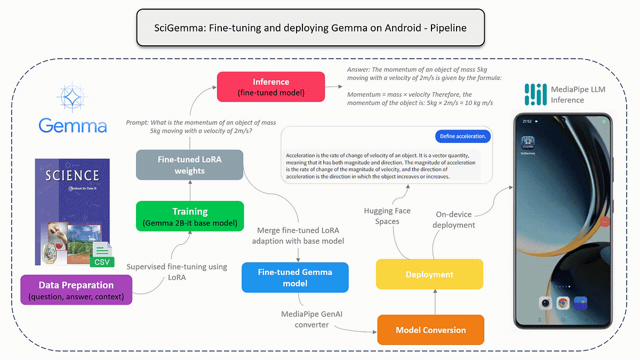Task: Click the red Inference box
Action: pyautogui.click(x=271, y=86)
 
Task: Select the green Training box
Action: pyautogui.click(x=190, y=216)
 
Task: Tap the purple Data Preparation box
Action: pyautogui.click(x=75, y=290)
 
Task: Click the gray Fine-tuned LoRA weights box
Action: pyautogui.click(x=190, y=165)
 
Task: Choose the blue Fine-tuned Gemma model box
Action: pyautogui.click(x=295, y=277)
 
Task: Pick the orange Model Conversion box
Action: pyautogui.click(x=430, y=330)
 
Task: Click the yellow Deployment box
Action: pyautogui.click(x=429, y=274)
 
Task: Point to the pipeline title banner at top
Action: pyautogui.click(x=310, y=28)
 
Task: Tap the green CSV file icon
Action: pyautogui.click(x=101, y=255)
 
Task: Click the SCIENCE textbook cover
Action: pyautogui.click(x=72, y=211)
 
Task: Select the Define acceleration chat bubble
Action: pyautogui.click(x=462, y=137)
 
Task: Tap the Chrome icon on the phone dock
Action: pyautogui.click(x=563, y=303)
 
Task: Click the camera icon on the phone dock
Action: pyautogui.click(x=546, y=303)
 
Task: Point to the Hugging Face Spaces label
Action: pyautogui.click(x=387, y=216)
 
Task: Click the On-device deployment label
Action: pyautogui.click(x=454, y=220)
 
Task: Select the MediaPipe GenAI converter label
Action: pyautogui.click(x=312, y=319)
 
